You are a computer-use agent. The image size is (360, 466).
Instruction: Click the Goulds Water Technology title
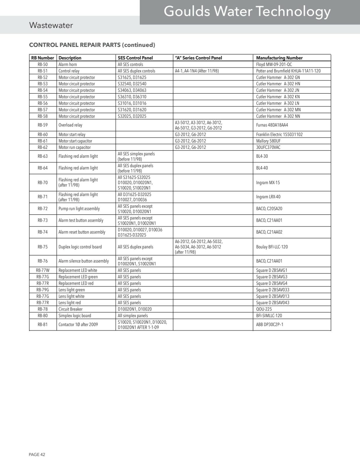pyautogui.click(x=247, y=12)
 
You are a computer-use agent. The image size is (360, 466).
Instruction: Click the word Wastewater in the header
pyautogui.click(x=51, y=25)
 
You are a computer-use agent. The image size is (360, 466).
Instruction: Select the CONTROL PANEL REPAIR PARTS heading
pyautogui.click(x=92, y=45)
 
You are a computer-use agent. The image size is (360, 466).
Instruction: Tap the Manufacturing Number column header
pyautogui.click(x=279, y=58)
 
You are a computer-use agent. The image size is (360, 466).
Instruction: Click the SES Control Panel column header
pyautogui.click(x=135, y=58)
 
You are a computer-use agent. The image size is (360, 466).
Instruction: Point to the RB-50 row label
pyautogui.click(x=43, y=64)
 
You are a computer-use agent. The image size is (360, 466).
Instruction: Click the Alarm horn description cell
pyautogui.click(x=68, y=64)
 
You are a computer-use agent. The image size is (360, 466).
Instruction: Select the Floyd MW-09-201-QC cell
pyautogui.click(x=274, y=64)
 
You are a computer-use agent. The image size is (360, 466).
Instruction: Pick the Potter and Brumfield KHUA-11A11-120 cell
pyautogui.click(x=288, y=71)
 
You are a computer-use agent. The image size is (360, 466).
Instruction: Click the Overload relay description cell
pyautogui.click(x=70, y=125)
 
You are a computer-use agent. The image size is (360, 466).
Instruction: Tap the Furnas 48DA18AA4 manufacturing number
pyautogui.click(x=272, y=125)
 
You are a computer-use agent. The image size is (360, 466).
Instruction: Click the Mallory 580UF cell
pyautogui.click(x=268, y=141)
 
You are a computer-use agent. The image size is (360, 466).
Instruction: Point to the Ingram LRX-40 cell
pyautogui.click(x=268, y=197)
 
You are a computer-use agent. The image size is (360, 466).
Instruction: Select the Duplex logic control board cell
pyautogui.click(x=80, y=247)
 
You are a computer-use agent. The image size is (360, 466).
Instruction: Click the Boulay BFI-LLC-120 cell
pyautogui.click(x=272, y=247)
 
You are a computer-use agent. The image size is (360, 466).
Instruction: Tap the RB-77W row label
pyautogui.click(x=43, y=270)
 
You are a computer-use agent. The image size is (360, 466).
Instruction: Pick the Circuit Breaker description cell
pyautogui.click(x=70, y=309)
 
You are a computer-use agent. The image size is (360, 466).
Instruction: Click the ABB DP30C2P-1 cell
pyautogui.click(x=269, y=324)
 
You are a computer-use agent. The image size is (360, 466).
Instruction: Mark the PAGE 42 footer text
pyautogui.click(x=37, y=454)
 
